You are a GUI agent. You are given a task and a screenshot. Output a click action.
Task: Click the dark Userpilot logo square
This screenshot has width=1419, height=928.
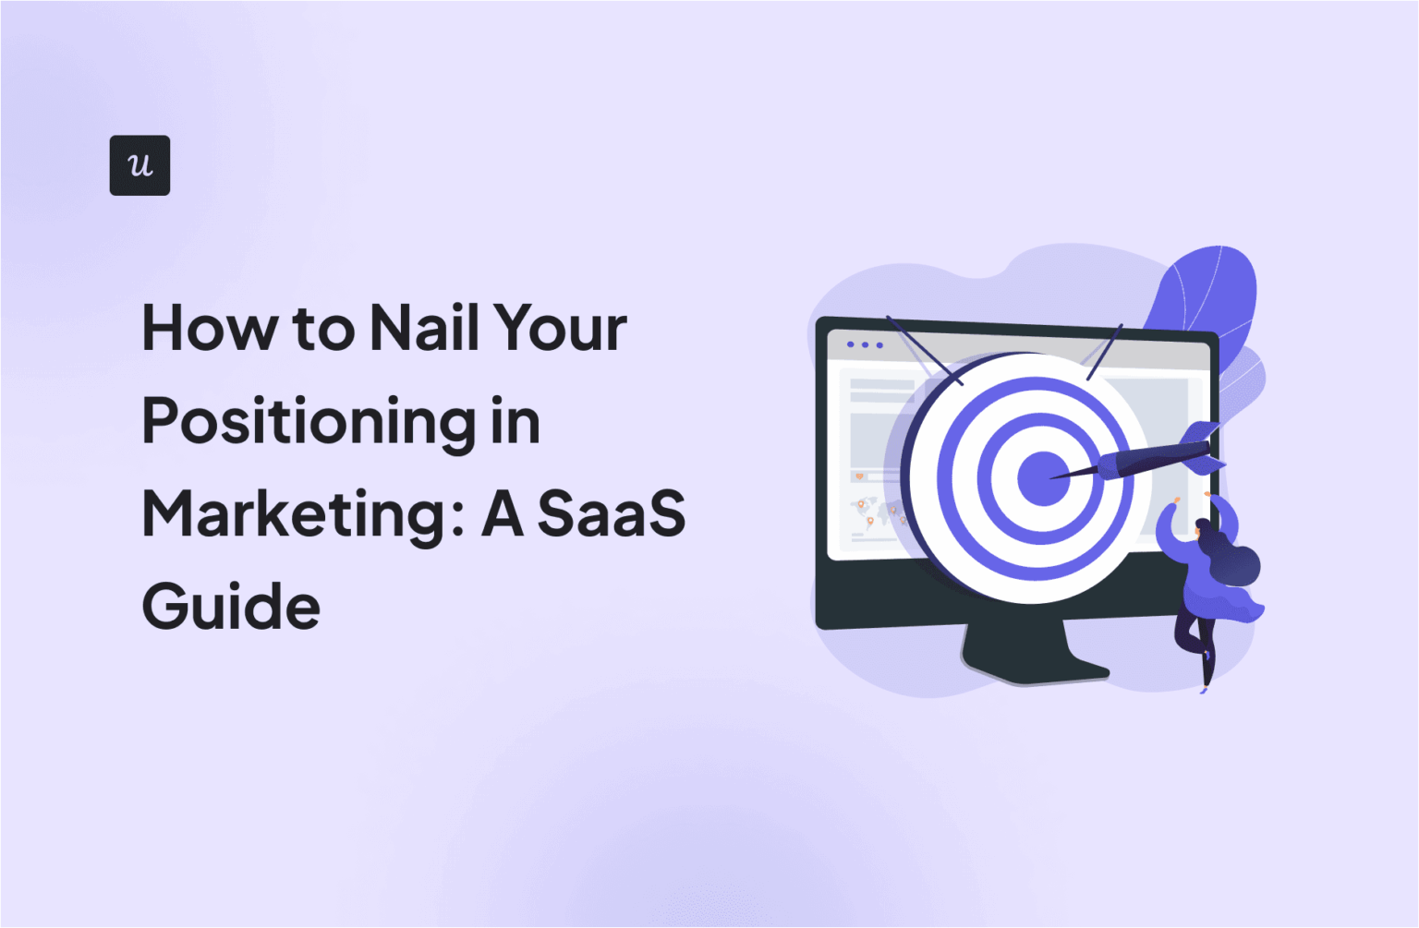139,165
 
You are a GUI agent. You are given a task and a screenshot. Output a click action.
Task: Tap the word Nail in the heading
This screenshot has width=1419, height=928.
425,328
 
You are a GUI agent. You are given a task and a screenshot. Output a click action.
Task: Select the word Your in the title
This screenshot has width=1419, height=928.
560,328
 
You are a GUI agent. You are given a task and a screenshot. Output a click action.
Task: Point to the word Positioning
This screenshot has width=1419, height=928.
303,423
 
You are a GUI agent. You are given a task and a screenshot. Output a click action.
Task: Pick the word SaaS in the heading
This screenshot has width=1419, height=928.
611,513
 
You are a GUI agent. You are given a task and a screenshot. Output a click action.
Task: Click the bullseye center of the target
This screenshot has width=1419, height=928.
1043,478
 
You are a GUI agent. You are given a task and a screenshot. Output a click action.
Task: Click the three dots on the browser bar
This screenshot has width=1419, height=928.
865,345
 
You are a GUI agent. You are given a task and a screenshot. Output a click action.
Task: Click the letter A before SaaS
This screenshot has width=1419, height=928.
503,513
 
